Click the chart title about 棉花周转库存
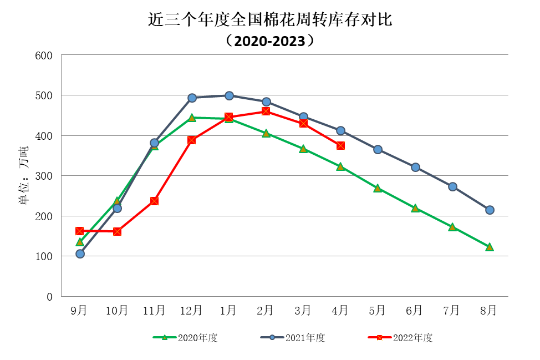click(x=270, y=20)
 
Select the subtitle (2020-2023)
click(x=270, y=40)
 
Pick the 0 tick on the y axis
click(x=49, y=296)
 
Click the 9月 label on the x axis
click(x=79, y=311)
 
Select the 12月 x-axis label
click(x=191, y=311)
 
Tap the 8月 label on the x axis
click(x=489, y=311)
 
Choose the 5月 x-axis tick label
click(x=377, y=311)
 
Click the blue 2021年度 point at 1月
click(x=228, y=95)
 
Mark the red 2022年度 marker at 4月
click(x=340, y=145)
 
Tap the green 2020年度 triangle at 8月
click(x=490, y=247)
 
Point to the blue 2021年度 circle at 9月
click(x=80, y=253)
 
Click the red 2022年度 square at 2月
click(x=266, y=111)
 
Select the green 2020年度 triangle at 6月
click(x=415, y=208)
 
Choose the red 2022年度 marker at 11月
click(x=154, y=201)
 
